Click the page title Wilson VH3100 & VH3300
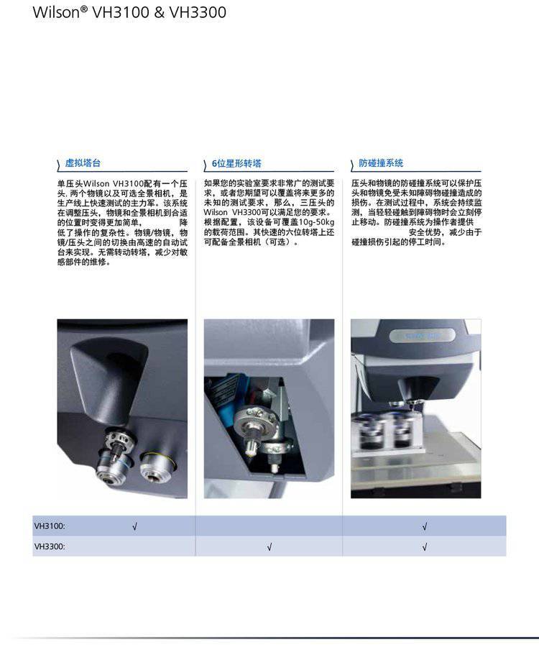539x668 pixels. [x=129, y=12]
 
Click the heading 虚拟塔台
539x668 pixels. [x=83, y=163]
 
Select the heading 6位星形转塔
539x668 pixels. [x=236, y=164]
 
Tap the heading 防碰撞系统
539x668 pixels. [x=381, y=163]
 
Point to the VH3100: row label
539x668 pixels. [x=50, y=526]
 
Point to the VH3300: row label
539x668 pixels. [x=50, y=546]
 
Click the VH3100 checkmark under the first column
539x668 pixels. [x=134, y=526]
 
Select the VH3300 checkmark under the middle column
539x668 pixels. [x=269, y=547]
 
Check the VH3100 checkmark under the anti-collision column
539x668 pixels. [x=425, y=526]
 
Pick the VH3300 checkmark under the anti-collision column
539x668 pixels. [x=425, y=547]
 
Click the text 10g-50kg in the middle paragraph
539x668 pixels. [x=316, y=222]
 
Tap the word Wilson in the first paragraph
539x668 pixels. [x=96, y=183]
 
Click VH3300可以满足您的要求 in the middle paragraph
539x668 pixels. [x=281, y=212]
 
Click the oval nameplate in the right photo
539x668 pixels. [x=421, y=336]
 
